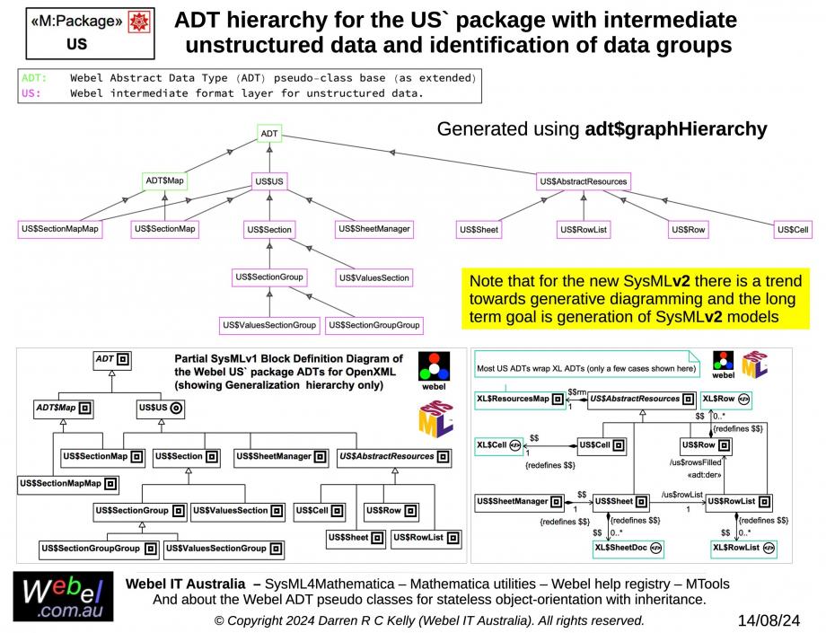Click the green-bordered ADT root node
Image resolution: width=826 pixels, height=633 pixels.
click(269, 135)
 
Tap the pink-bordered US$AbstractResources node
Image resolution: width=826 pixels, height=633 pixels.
click(584, 181)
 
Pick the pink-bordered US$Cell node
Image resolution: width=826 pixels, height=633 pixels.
click(793, 230)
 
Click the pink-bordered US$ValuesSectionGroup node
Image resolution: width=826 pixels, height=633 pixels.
click(269, 324)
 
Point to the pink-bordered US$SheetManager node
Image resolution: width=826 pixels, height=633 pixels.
click(374, 229)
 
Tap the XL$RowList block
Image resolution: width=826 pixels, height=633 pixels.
click(742, 547)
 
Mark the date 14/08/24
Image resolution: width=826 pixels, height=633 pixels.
click(769, 620)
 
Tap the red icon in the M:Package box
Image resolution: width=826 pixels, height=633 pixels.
click(139, 22)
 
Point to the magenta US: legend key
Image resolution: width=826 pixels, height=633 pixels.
click(30, 92)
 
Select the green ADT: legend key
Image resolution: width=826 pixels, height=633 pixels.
click(34, 78)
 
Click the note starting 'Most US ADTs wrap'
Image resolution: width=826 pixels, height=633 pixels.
click(585, 368)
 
